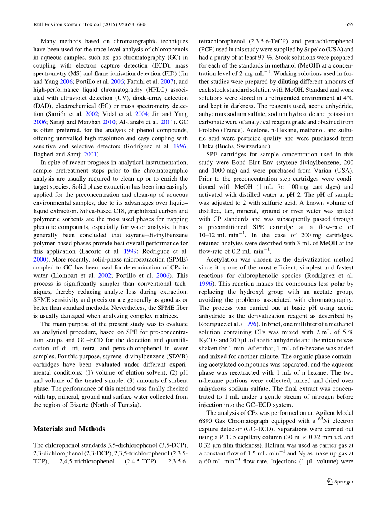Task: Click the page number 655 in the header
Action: pyautogui.click(x=349, y=25)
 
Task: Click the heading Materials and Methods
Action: pyautogui.click(x=69, y=429)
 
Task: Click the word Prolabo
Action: pyautogui.click(x=209, y=130)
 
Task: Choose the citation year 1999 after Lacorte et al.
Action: pyautogui.click(x=131, y=251)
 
